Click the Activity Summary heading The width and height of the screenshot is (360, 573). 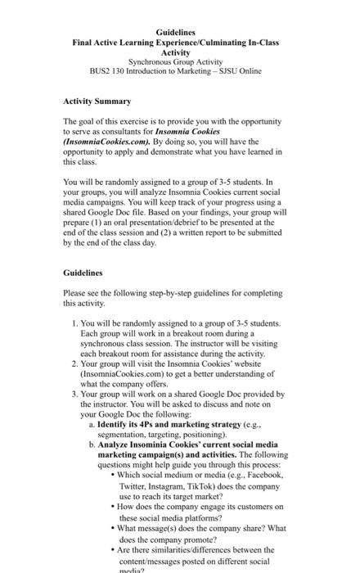(97, 102)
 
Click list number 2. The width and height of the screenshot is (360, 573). (74, 363)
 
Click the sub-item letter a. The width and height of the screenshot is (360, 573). (90, 426)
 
